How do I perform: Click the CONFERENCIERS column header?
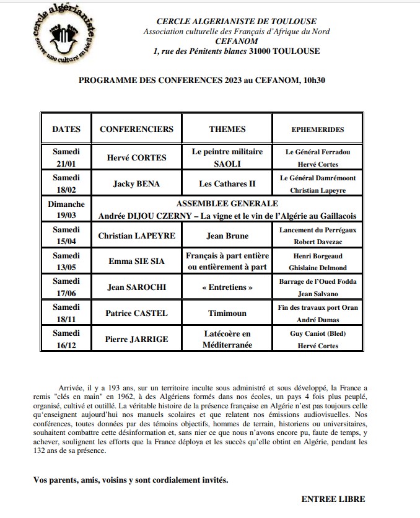[x=136, y=129]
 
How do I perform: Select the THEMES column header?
[x=227, y=129]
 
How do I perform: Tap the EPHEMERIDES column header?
[x=317, y=129]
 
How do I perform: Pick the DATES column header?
[x=66, y=129]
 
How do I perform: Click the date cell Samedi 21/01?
[x=66, y=158]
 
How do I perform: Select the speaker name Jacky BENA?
[x=136, y=184]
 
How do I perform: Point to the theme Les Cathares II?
[x=227, y=184]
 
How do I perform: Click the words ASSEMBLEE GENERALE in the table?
[x=227, y=203]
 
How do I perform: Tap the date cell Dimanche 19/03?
[x=66, y=209]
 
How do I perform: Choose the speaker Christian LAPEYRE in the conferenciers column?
[x=136, y=236]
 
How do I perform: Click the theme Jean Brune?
[x=227, y=236]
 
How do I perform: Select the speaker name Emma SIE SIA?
[x=136, y=261]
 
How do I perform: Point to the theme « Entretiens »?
[x=227, y=288]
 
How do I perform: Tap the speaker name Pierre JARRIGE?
[x=136, y=340]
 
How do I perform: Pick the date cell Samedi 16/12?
[x=66, y=340]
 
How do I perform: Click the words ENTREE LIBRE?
[x=333, y=499]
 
